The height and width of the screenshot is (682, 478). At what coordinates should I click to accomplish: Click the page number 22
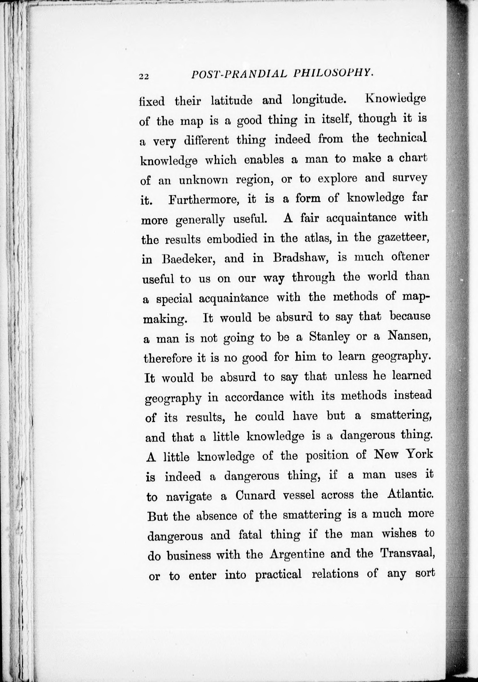tap(144, 77)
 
